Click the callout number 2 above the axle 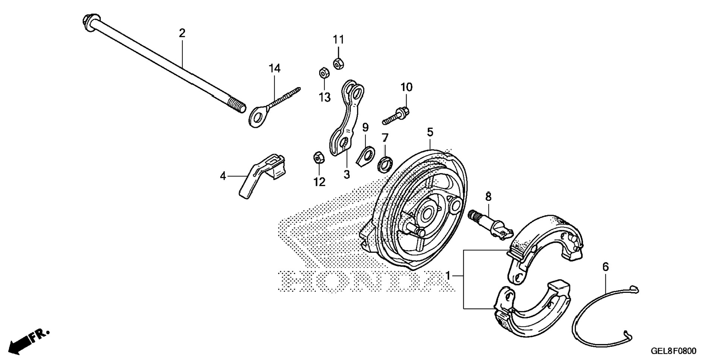[182, 34]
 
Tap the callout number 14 [274, 69]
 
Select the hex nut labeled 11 [338, 64]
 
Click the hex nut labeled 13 [324, 73]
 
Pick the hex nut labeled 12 [318, 158]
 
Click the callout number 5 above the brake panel [430, 132]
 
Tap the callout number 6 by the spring [605, 267]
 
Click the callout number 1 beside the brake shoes [448, 276]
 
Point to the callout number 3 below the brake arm [347, 174]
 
